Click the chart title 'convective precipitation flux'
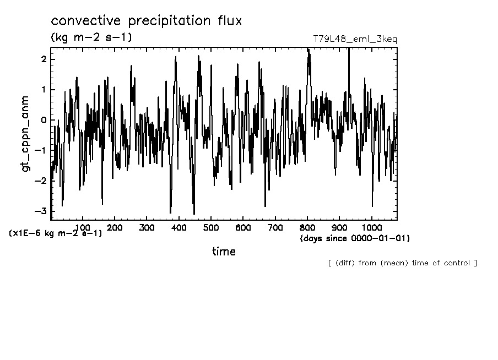point(146,21)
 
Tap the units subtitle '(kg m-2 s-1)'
point(91,37)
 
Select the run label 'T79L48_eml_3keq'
point(354,39)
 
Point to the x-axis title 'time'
point(224,252)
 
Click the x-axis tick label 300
point(147,227)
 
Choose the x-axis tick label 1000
point(371,227)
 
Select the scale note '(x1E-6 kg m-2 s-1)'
point(56,233)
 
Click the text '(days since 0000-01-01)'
point(355,238)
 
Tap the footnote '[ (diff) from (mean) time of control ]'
point(402,263)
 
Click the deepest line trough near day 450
point(194,214)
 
